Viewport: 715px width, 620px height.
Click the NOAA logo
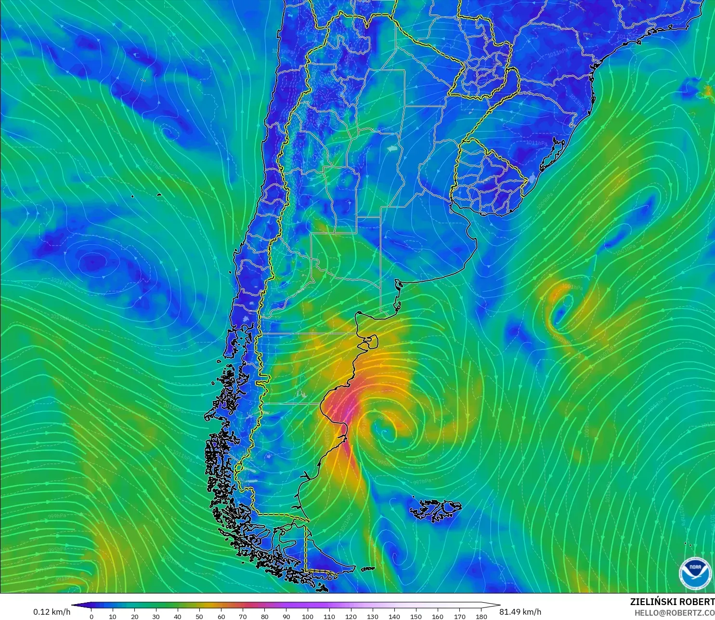pyautogui.click(x=695, y=572)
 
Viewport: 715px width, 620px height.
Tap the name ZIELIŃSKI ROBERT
pyautogui.click(x=672, y=602)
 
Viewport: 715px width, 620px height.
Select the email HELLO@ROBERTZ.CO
pyautogui.click(x=674, y=613)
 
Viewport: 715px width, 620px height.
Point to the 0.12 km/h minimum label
pyautogui.click(x=52, y=612)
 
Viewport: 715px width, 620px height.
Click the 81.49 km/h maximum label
pyautogui.click(x=520, y=612)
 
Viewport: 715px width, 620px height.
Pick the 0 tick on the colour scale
pyautogui.click(x=91, y=616)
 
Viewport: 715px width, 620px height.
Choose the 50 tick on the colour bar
pyautogui.click(x=199, y=616)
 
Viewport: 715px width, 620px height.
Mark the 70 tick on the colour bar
pyautogui.click(x=243, y=616)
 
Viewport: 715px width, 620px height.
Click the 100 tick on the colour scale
pyautogui.click(x=308, y=616)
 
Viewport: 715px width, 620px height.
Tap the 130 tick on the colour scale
pyautogui.click(x=373, y=616)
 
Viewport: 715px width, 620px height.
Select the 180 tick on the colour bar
pyautogui.click(x=481, y=616)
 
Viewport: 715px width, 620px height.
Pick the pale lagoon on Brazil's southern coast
pyautogui.click(x=532, y=179)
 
